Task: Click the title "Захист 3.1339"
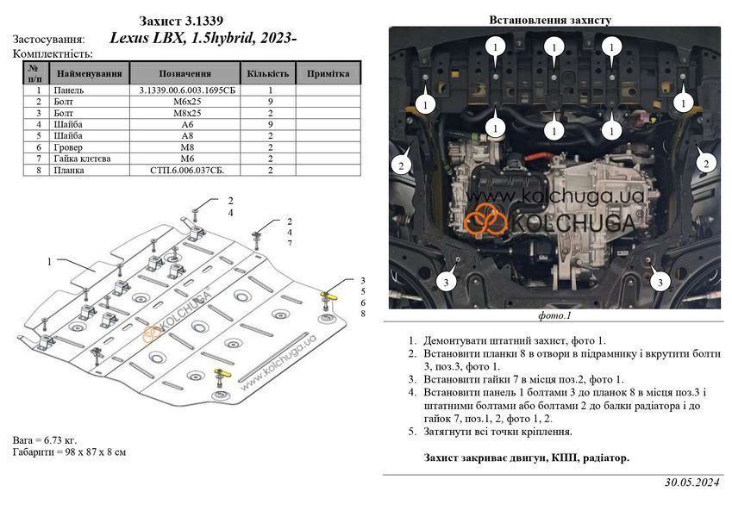pos(181,21)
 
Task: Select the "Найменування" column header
pos(89,73)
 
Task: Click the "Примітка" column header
pos(328,73)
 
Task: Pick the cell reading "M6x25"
pos(185,102)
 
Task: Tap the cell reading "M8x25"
pos(185,113)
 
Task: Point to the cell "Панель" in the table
pos(68,90)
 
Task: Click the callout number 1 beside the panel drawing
pos(49,262)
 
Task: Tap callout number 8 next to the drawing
pos(363,314)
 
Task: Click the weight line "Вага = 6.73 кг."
pos(45,440)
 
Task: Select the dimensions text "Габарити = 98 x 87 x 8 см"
pos(69,452)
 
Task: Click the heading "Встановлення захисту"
pos(550,20)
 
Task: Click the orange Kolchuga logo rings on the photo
pos(485,220)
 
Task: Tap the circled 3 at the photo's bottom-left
pos(446,282)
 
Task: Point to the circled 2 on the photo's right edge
pos(706,164)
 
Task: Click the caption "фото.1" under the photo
pos(554,315)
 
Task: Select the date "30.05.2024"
pos(692,483)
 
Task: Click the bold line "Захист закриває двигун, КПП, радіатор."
pos(527,458)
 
